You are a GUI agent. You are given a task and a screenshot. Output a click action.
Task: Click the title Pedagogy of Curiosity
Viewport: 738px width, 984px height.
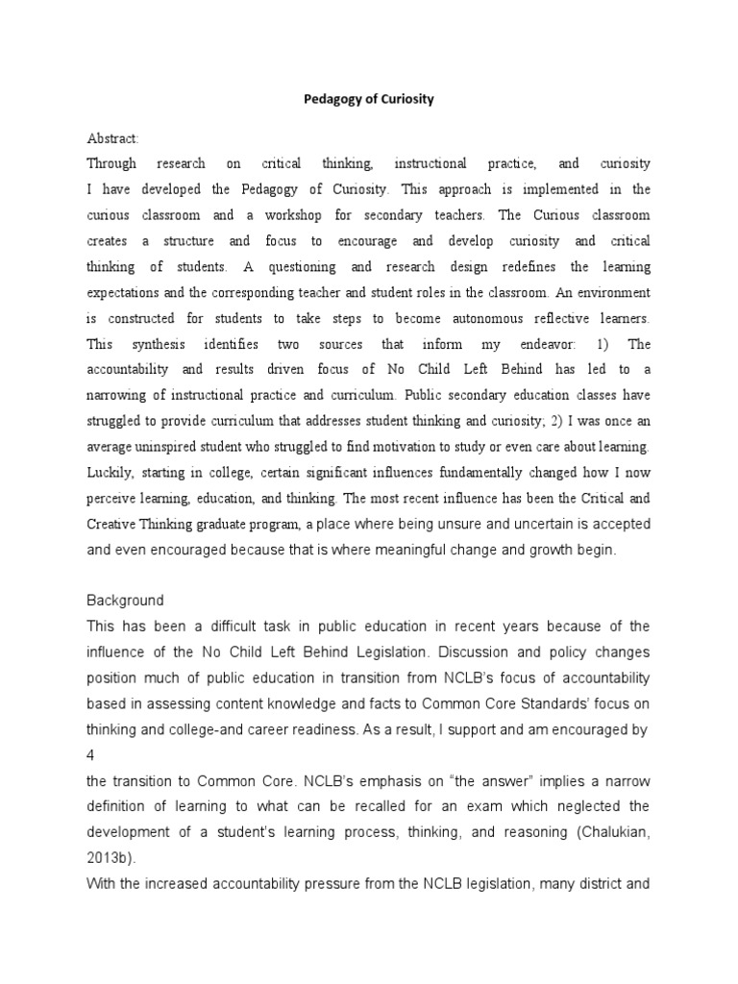click(370, 99)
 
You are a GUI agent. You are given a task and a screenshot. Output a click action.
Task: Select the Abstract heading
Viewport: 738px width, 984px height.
click(112, 138)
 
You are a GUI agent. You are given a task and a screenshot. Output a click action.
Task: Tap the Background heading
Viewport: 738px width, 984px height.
click(125, 601)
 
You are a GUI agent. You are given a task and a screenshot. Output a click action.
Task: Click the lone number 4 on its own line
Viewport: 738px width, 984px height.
click(91, 729)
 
